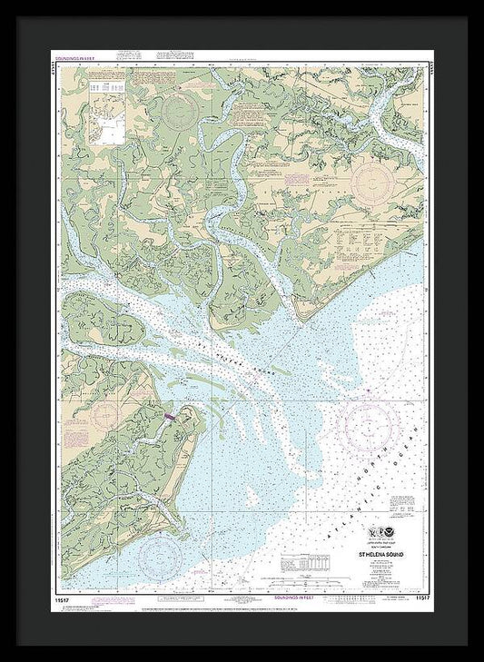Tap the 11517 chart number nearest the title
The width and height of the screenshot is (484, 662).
(420, 598)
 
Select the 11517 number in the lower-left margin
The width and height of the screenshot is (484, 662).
(69, 598)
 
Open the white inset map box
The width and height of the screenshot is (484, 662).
(105, 110)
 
